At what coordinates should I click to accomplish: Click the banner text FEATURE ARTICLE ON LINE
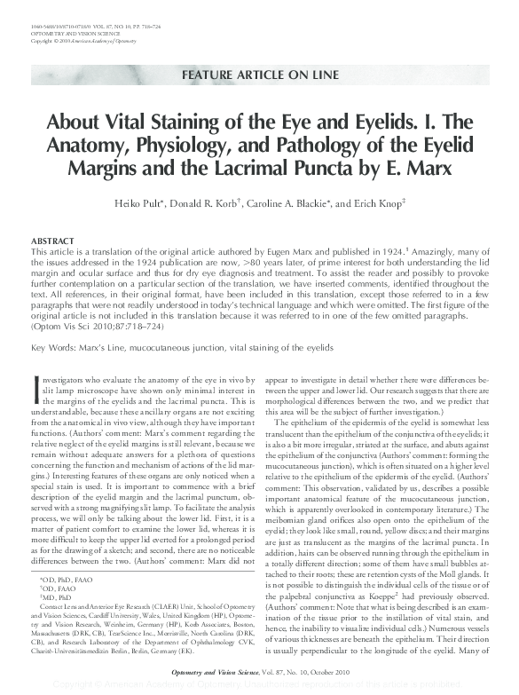pyautogui.click(x=259, y=76)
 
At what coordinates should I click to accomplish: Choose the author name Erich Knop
pyautogui.click(x=379, y=202)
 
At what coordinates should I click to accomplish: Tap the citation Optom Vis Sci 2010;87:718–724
pyautogui.click(x=98, y=326)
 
